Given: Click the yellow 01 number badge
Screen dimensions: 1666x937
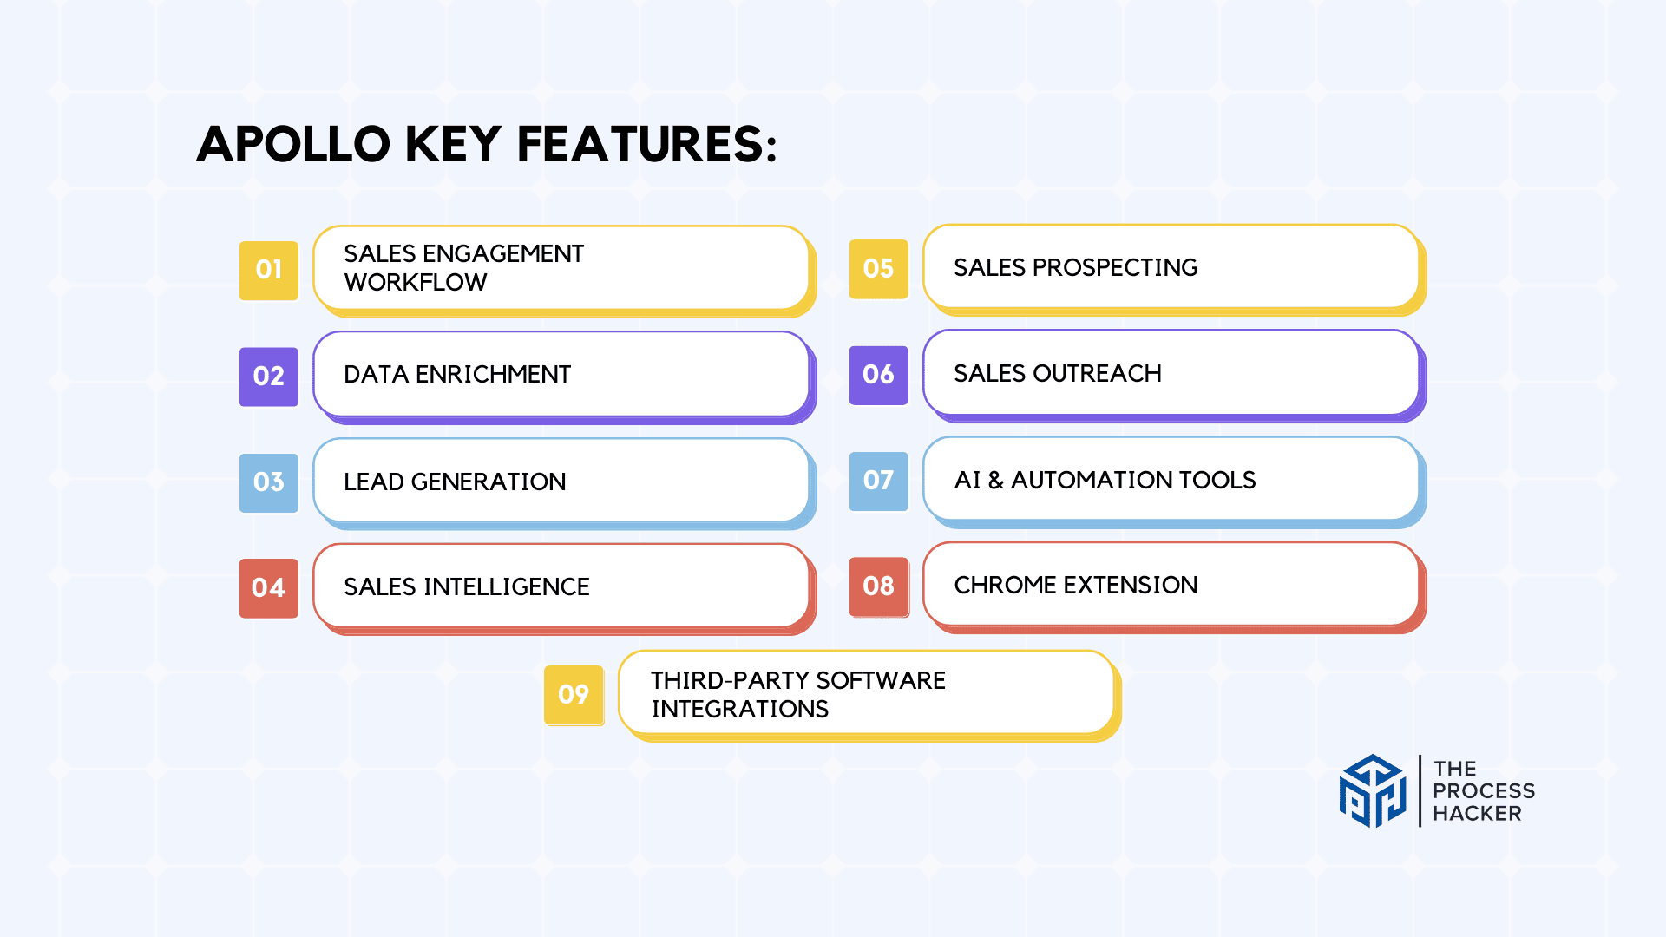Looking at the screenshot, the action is coord(269,271).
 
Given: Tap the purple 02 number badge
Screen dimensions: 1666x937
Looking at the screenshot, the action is coord(269,377).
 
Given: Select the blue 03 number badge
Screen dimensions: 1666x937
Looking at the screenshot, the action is coord(269,482).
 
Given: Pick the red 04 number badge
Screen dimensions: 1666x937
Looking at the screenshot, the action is coord(269,588).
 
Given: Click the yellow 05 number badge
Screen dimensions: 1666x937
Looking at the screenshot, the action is coord(879,269).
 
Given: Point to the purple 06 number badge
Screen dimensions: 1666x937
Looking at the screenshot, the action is coord(879,375).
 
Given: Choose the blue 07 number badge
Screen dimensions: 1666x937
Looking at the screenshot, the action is coord(879,481).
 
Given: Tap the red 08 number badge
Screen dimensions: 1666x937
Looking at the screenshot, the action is coord(879,586).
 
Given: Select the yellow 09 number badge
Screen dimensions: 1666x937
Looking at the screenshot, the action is coord(574,695).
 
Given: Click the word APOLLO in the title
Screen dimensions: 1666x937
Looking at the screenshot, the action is coord(294,144).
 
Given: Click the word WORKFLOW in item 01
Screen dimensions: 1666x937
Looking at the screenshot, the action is coord(416,283).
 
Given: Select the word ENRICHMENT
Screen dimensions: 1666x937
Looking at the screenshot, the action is coord(493,375).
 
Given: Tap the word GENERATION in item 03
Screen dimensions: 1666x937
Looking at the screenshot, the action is coord(489,482).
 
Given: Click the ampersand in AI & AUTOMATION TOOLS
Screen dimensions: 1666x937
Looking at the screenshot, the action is coord(995,481).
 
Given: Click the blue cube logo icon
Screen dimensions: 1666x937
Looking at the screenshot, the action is coord(1373,791).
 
